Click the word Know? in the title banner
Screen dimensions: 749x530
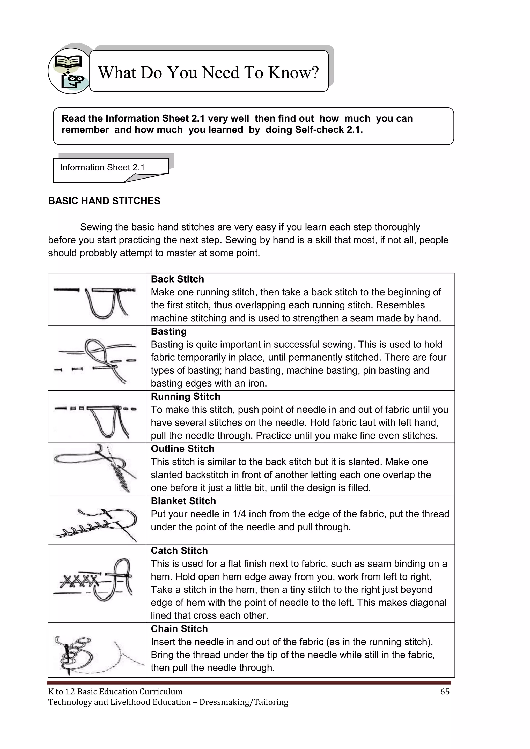[293, 72]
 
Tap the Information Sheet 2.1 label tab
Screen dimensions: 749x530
[102, 168]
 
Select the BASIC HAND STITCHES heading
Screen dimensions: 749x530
[104, 201]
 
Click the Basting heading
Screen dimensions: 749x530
[168, 331]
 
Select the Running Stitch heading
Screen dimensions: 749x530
[185, 397]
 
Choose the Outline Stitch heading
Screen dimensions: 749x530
[182, 449]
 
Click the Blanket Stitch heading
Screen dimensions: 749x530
[183, 501]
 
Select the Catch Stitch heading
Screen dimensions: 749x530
[179, 551]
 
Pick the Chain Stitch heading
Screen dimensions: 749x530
[179, 629]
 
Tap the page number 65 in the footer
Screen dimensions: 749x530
[445, 692]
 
